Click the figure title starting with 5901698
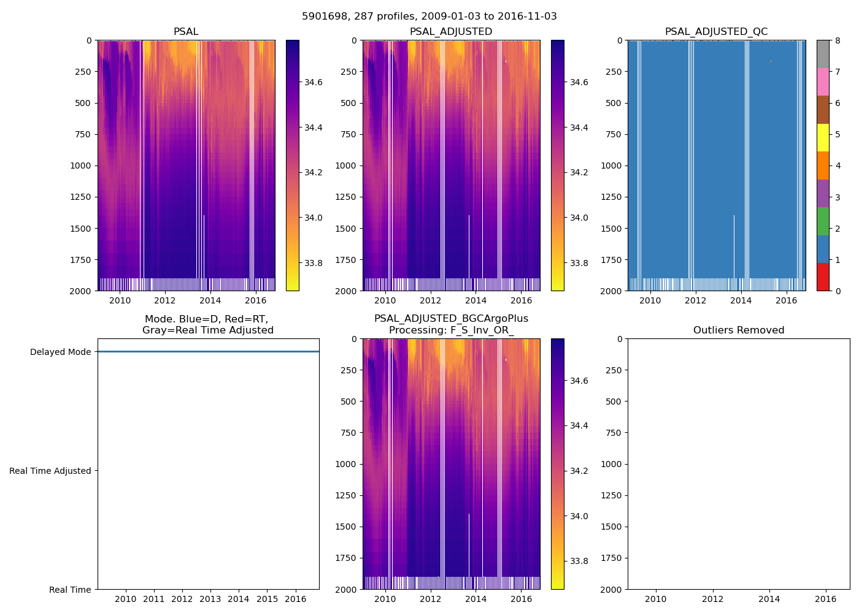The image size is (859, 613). [x=429, y=17]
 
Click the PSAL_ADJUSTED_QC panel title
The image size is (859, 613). [x=716, y=32]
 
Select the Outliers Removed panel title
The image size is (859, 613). [x=739, y=330]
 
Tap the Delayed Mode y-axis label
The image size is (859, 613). [x=60, y=352]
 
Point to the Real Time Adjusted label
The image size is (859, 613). [x=50, y=471]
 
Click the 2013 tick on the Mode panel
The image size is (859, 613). [x=210, y=599]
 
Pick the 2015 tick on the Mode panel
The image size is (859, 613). [x=267, y=599]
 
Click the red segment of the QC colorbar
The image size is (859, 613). [x=823, y=277]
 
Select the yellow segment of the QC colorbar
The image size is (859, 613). [x=823, y=137]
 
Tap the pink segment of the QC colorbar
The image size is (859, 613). [x=823, y=82]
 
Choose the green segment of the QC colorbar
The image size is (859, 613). [x=823, y=221]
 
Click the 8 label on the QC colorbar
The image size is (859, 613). [x=838, y=41]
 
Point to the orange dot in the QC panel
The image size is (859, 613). [x=771, y=61]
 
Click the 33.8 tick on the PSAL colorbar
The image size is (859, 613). [x=314, y=264]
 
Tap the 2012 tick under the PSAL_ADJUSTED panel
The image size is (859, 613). [x=431, y=300]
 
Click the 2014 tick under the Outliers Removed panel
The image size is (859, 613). [x=769, y=599]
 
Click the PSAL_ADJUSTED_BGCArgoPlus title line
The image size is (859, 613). [x=451, y=319]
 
